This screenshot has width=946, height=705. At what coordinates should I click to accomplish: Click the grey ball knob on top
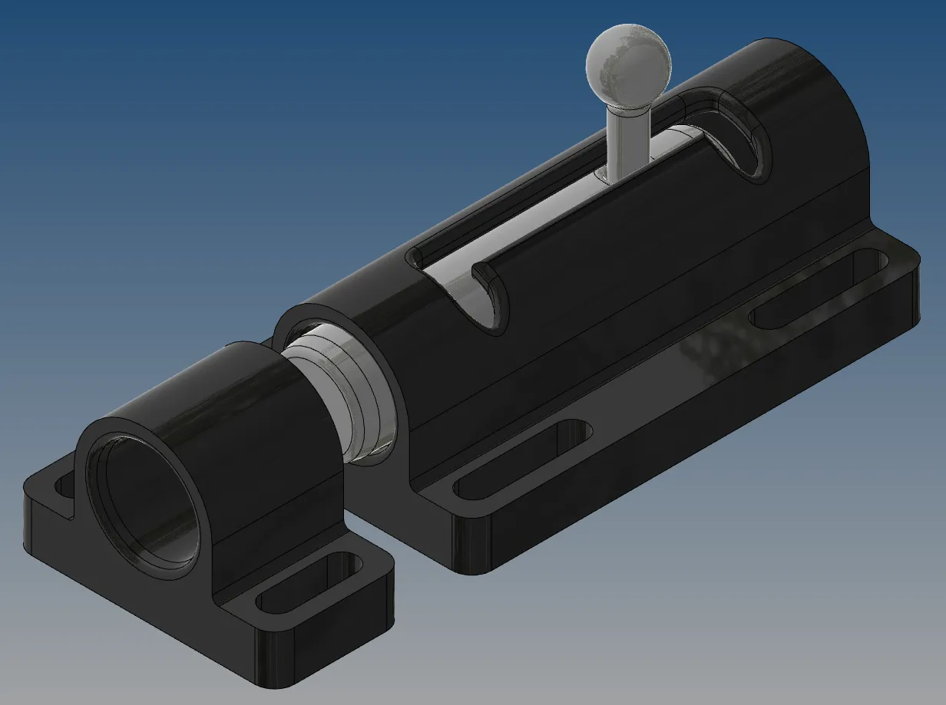click(628, 62)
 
